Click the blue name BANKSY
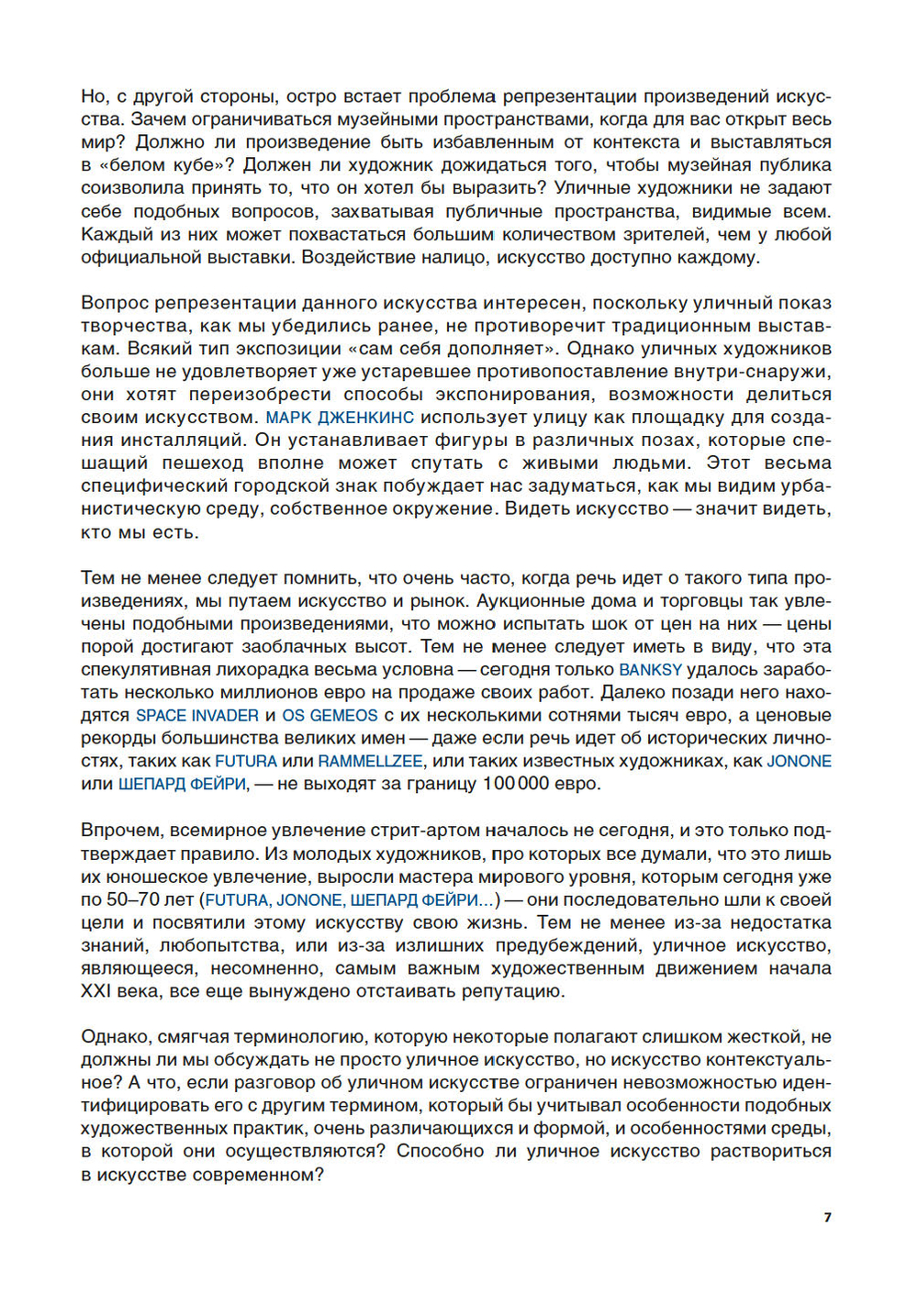tap(651, 670)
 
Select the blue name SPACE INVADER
tap(197, 716)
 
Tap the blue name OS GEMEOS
tap(330, 716)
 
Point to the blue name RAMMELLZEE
tap(370, 762)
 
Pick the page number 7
tap(827, 1217)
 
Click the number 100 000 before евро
tap(515, 785)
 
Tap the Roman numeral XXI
tap(96, 992)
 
